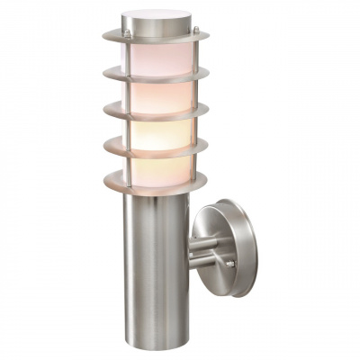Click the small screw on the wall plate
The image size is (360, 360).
point(230,263)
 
